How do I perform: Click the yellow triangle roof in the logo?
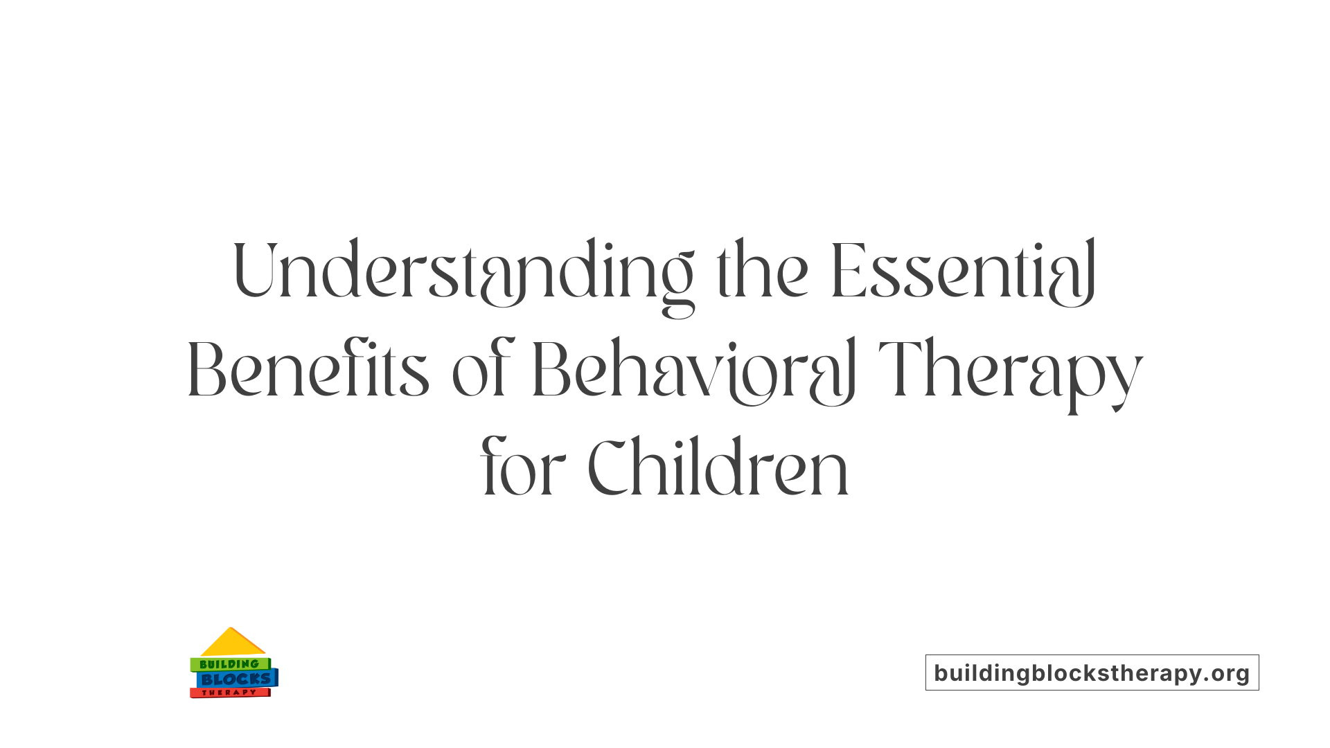point(232,643)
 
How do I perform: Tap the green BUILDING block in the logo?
point(229,664)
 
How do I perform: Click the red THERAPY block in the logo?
point(229,693)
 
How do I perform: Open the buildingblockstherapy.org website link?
point(1092,673)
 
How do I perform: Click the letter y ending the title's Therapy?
point(1126,381)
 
